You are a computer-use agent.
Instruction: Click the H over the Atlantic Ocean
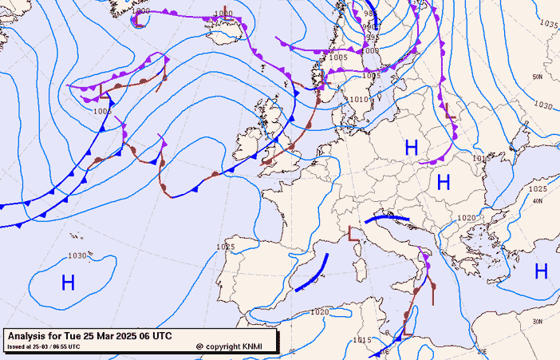pos(68,281)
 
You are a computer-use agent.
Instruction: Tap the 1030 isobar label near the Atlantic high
pos(77,255)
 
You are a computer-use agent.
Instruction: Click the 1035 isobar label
pos(549,24)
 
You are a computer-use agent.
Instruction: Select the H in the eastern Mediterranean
pos(541,271)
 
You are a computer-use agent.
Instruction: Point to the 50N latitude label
pos(538,77)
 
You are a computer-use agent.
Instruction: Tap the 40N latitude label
pos(538,201)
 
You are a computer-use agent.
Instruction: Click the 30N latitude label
pos(538,321)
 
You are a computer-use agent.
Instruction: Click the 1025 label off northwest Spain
pos(225,247)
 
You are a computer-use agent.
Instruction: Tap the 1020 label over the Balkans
pos(467,218)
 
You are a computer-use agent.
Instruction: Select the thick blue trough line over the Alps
pos(386,216)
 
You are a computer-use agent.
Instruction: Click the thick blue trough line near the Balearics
pos(313,273)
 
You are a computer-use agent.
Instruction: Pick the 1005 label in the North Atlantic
pos(101,111)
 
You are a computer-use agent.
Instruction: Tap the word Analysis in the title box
pos(29,335)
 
